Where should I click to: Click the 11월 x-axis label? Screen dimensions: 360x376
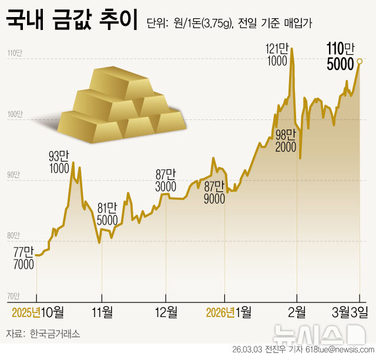point(102,311)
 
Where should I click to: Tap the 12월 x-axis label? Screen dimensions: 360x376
point(166,311)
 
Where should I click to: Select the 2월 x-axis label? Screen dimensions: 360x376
point(297,311)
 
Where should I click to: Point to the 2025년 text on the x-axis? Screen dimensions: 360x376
point(25,311)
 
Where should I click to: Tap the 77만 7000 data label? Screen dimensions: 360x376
point(23,258)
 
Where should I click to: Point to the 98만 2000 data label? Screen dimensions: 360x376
point(286,141)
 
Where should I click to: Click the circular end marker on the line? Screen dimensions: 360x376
point(360,61)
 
